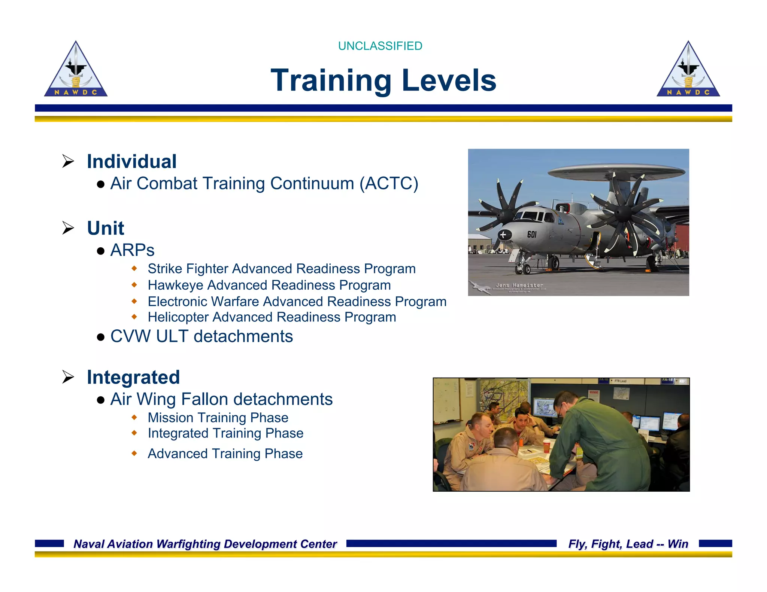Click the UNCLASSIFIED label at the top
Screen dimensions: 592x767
coord(380,46)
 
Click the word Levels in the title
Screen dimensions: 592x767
coord(449,80)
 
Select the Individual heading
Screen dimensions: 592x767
coord(131,162)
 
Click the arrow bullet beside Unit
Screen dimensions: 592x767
coord(68,228)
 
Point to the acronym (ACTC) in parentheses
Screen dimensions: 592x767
coord(389,184)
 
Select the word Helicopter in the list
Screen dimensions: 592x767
coord(178,317)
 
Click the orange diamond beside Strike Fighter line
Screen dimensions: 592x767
coord(134,268)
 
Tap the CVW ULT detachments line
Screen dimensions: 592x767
coord(201,336)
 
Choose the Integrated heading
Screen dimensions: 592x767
coord(133,377)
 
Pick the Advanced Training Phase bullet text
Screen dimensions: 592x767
coord(225,454)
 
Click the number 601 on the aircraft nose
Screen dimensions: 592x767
coord(532,235)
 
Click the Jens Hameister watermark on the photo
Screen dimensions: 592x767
coord(519,285)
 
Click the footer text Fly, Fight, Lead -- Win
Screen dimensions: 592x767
coord(628,544)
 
